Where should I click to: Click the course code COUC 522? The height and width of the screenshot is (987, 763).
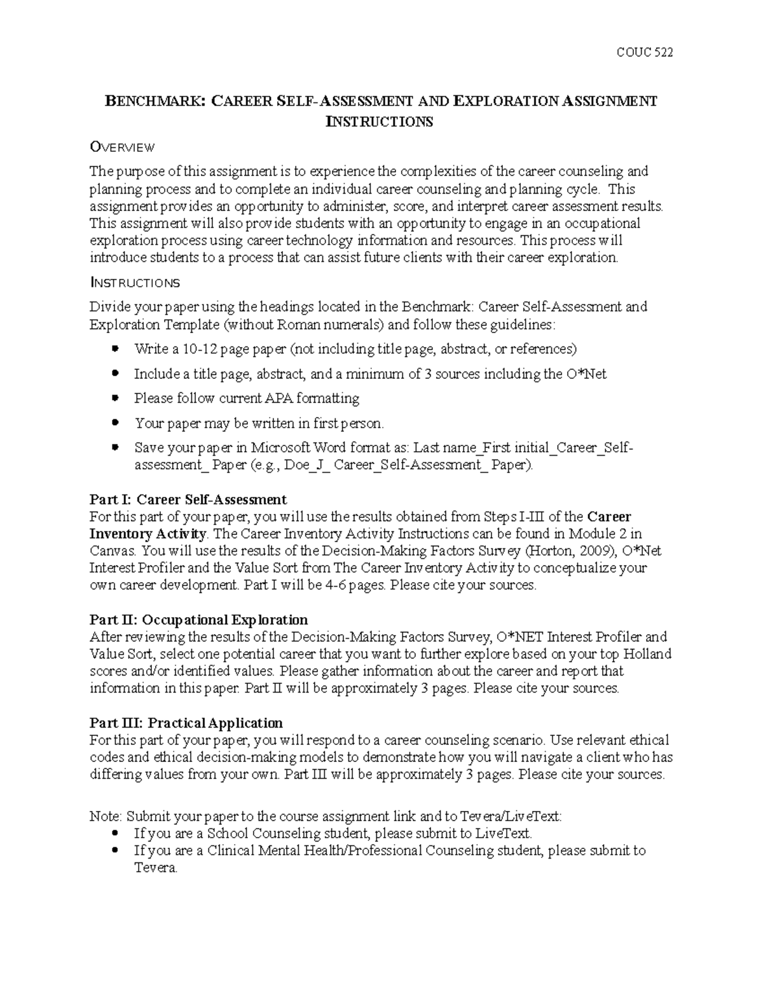click(644, 52)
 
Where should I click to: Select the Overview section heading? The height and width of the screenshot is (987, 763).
click(122, 147)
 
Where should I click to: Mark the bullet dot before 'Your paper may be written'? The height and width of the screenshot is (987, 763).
click(115, 423)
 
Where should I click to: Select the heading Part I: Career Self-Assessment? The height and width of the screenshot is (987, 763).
click(188, 499)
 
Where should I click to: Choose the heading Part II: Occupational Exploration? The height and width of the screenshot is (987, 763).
click(198, 620)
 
